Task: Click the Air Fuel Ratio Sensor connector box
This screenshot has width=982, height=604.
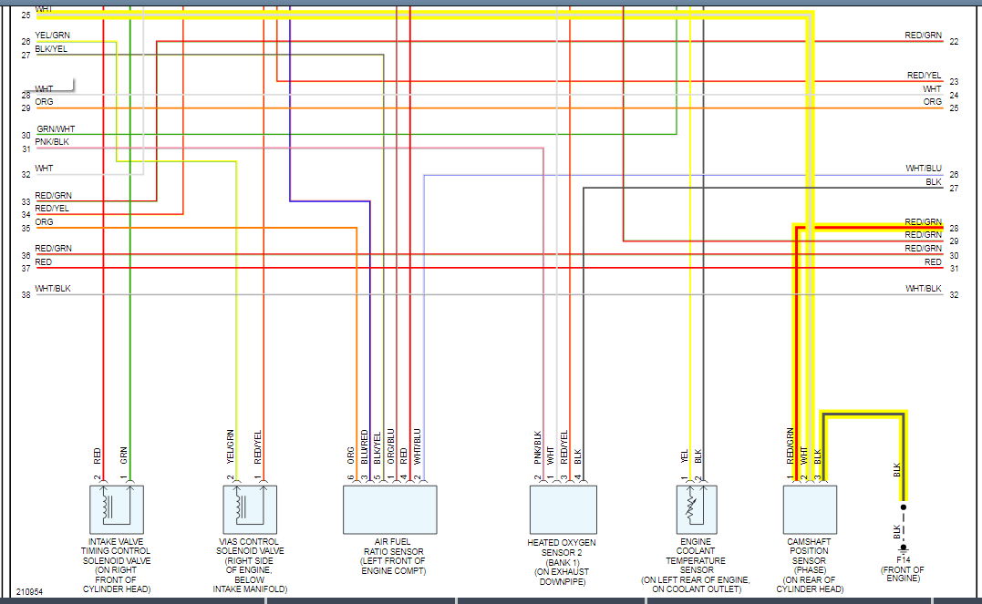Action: tap(389, 509)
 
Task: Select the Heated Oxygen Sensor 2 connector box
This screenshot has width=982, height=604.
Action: tap(563, 509)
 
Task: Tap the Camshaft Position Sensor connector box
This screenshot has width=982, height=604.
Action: tap(810, 509)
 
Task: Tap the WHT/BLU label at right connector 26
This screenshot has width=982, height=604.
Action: tap(923, 169)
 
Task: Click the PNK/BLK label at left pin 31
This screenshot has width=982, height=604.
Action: tap(52, 142)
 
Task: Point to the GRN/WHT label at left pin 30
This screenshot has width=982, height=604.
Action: tap(56, 129)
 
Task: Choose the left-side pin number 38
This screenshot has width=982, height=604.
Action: tap(26, 295)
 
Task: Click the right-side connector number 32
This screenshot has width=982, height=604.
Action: tap(954, 295)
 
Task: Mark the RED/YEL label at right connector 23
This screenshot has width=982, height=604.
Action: tap(924, 76)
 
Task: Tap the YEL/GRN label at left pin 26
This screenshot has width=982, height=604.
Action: tap(52, 36)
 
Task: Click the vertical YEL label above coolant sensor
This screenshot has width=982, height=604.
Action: tap(684, 456)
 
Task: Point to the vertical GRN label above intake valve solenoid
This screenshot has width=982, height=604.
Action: tap(124, 454)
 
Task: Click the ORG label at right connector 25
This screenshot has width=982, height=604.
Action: tap(932, 102)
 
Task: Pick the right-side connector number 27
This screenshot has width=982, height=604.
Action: tap(954, 189)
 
